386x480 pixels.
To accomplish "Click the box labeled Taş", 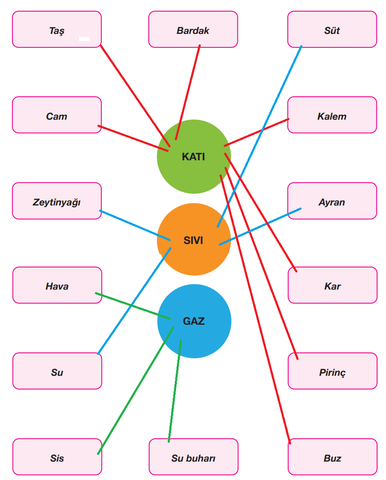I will coord(57,29).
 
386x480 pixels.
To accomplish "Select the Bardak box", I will coord(193,29).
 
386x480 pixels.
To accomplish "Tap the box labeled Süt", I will coord(332,29).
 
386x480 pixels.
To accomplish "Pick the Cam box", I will coord(57,115).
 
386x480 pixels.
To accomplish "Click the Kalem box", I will coord(332,115).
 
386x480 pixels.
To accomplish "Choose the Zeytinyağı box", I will coord(57,201).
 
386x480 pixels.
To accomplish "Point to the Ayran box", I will coord(332,201).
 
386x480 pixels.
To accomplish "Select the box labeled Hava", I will coord(57,285).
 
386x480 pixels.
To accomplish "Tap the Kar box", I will coord(332,285).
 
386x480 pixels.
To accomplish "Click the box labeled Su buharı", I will coord(193,457).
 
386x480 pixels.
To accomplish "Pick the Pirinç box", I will coord(332,371).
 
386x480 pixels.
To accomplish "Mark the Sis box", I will coord(57,457).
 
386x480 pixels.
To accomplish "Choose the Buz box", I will coord(332,457).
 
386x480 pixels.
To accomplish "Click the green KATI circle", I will coord(194,167).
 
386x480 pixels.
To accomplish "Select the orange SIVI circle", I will coord(194,255).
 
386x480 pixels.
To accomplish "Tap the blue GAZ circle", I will coord(194,335).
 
